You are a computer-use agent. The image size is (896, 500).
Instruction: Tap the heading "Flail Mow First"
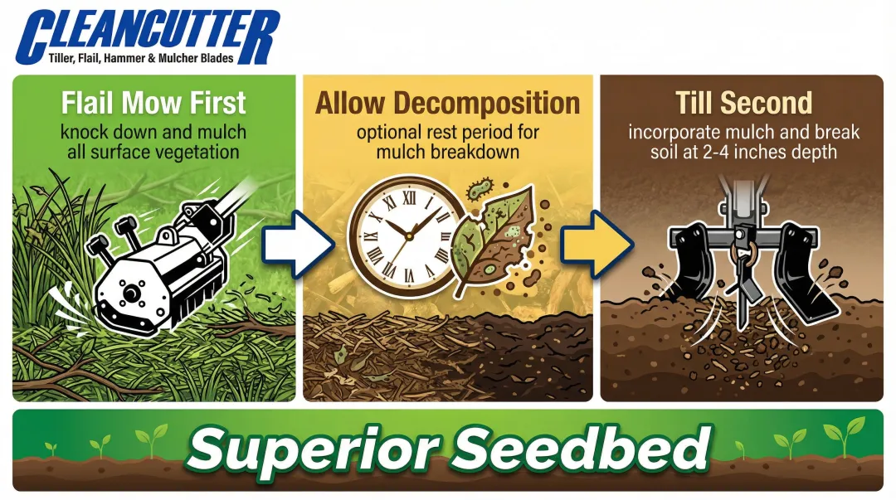(x=153, y=104)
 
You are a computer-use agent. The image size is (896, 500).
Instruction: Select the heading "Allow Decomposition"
(x=448, y=104)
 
